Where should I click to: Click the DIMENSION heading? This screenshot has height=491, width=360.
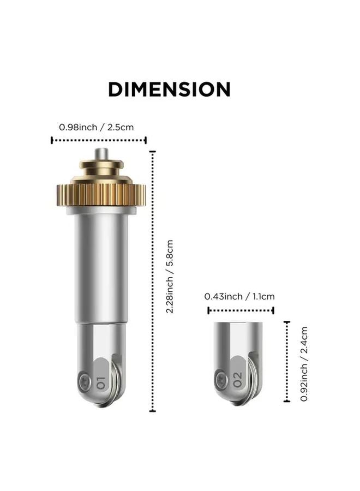coord(169,89)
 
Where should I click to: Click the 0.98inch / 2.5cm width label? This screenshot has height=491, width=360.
coord(96,127)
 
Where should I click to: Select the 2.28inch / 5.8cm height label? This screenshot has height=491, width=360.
coord(169,276)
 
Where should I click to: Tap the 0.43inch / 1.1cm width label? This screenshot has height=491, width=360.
coord(239,296)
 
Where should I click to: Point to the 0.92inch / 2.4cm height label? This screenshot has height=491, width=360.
coord(304,364)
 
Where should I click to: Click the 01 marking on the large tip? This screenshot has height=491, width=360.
coord(100,381)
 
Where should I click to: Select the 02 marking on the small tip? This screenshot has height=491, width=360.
coord(238,380)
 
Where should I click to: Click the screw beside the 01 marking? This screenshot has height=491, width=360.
coord(83,381)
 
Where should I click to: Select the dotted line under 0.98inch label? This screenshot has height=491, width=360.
coord(99,140)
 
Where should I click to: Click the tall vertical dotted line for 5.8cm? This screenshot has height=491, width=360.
coord(153,281)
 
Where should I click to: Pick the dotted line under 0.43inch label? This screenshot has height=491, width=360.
coord(241,310)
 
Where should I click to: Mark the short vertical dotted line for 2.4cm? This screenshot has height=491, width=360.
coord(287,362)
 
